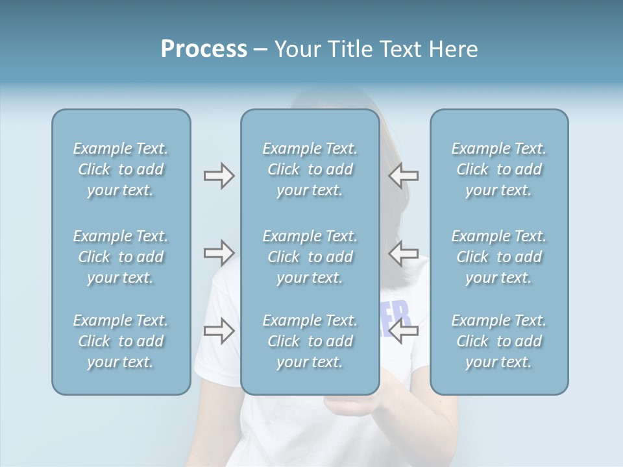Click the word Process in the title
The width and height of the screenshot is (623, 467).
(204, 49)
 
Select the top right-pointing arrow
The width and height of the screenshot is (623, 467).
(219, 176)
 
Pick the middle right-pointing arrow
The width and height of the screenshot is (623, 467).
(219, 253)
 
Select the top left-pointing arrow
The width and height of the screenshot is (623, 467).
(404, 176)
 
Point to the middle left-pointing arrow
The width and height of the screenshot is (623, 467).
(404, 253)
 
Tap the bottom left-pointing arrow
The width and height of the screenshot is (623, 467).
(404, 331)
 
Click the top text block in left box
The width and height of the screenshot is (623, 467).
(121, 169)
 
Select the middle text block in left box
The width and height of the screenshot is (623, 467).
(121, 257)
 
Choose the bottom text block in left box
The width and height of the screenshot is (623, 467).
(121, 341)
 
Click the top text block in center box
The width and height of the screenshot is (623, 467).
(310, 169)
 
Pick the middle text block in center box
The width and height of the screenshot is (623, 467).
(310, 257)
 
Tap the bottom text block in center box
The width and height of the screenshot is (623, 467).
(310, 341)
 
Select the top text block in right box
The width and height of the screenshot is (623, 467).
(499, 169)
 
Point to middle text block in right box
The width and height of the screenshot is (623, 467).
(499, 257)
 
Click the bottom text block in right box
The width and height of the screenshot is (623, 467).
(499, 341)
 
